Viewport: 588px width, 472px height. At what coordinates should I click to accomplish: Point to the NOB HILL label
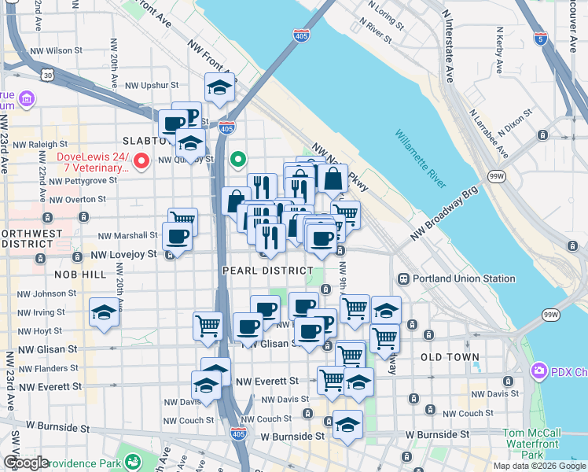coord(79,274)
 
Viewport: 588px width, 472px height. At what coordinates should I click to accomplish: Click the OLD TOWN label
coord(450,357)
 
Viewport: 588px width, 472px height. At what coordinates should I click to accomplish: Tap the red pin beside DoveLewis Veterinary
coord(141,161)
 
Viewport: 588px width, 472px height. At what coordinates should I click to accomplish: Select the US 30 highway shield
coord(48,74)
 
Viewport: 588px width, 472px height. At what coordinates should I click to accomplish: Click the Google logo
coord(26,463)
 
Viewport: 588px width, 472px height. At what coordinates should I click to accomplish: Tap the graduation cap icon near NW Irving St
coord(104,313)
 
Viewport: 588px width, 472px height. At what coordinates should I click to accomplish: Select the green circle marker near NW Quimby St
coord(238,160)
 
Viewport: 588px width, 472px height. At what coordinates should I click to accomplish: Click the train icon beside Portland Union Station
coord(403,278)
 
